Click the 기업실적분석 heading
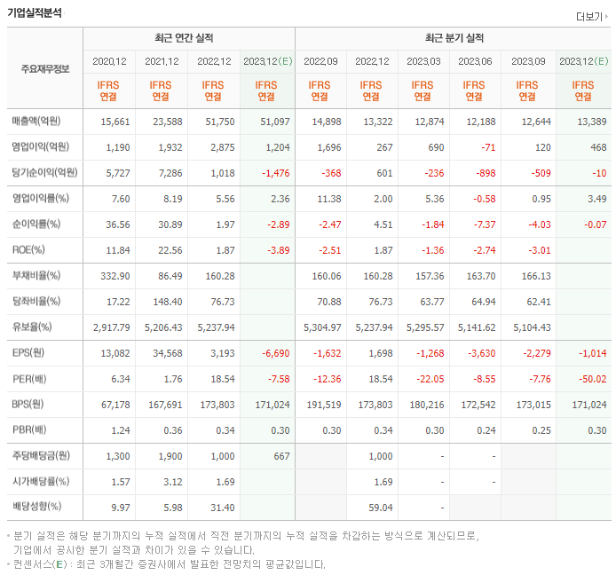[x=36, y=13]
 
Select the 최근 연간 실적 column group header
[x=188, y=38]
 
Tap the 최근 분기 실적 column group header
[x=454, y=38]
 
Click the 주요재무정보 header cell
[x=45, y=68]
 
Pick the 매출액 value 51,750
[x=217, y=122]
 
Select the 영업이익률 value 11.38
[x=325, y=199]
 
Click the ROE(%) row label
[x=28, y=250]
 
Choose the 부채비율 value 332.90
[x=114, y=276]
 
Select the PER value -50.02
[x=588, y=379]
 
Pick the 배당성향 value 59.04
[x=379, y=508]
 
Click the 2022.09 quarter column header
[x=320, y=61]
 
